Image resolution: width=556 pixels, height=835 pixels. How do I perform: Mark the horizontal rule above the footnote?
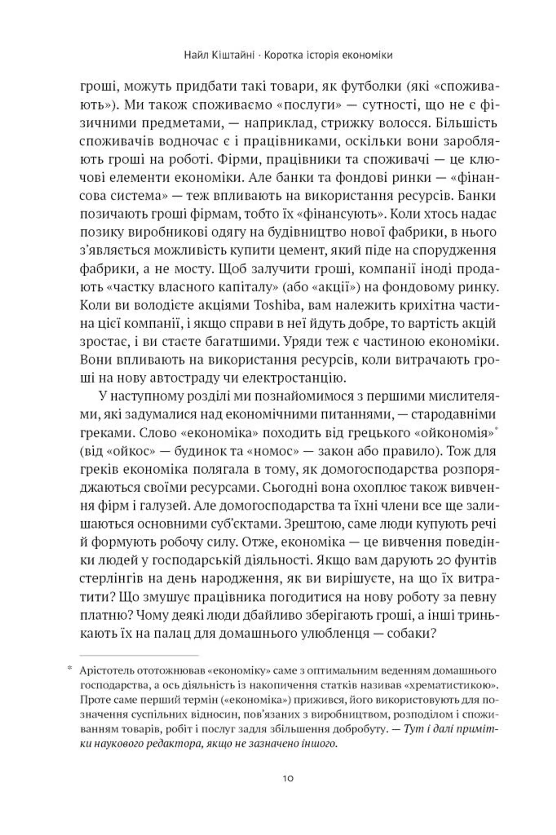coord(139,656)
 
